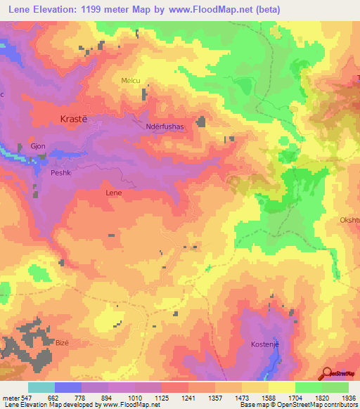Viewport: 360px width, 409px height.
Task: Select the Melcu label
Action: pyautogui.click(x=131, y=81)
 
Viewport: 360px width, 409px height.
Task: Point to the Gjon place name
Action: pyautogui.click(x=38, y=146)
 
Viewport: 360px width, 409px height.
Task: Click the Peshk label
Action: pyautogui.click(x=60, y=171)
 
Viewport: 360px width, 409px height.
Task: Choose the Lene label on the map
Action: pyautogui.click(x=113, y=192)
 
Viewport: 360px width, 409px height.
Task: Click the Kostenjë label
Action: pyautogui.click(x=267, y=344)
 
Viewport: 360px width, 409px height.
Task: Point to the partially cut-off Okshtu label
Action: pyautogui.click(x=349, y=219)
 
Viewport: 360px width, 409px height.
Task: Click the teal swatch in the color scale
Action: pyautogui.click(x=41, y=387)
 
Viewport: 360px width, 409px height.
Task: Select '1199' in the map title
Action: pyautogui.click(x=87, y=10)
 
